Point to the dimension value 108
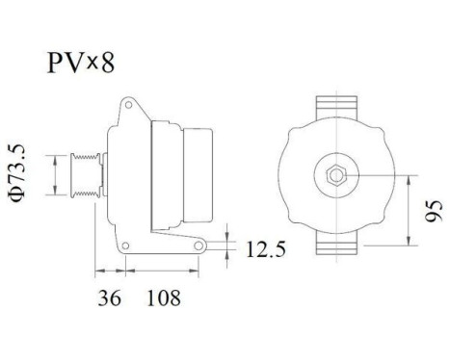point(163,299)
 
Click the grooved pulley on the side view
point(84,175)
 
